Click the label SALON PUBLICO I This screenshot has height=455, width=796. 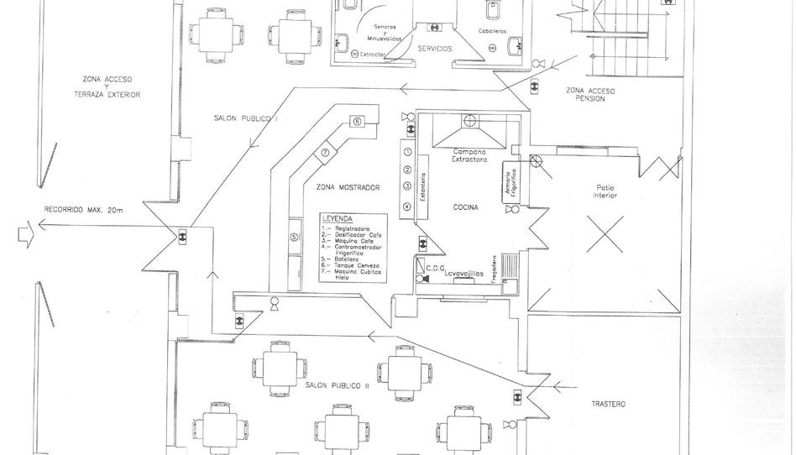point(246,119)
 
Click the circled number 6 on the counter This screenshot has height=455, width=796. point(357,122)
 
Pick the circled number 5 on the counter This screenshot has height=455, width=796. point(294,237)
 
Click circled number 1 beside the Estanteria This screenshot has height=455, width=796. point(407,152)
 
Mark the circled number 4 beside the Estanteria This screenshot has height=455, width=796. point(407,207)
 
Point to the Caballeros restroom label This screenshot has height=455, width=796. point(492,31)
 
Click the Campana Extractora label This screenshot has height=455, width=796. point(469,154)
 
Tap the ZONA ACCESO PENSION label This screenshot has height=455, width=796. point(590,94)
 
